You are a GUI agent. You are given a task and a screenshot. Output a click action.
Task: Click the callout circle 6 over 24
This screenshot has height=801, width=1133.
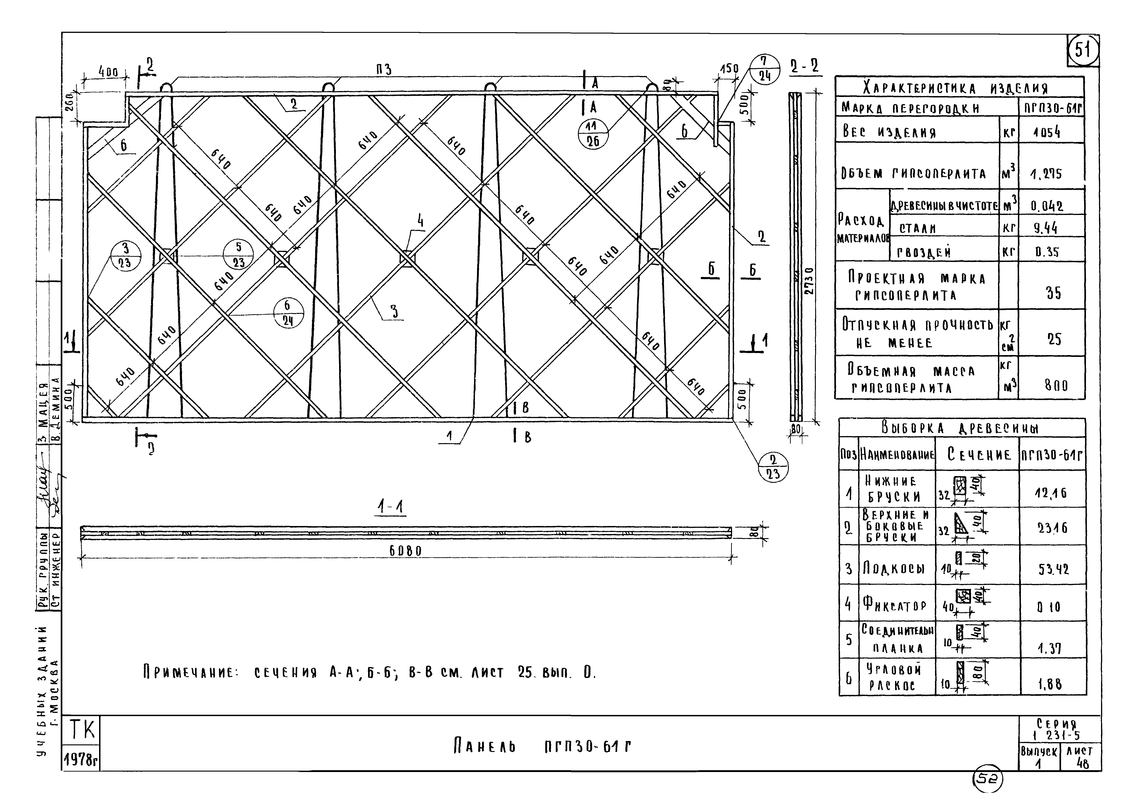click(289, 313)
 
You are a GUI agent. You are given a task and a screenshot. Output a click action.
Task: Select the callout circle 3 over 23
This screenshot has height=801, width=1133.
click(125, 256)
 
